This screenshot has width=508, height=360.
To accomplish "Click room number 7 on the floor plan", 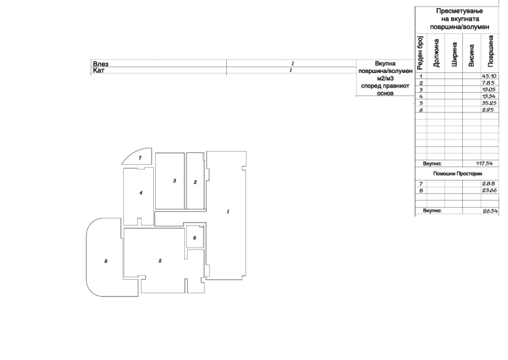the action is [x=140, y=158].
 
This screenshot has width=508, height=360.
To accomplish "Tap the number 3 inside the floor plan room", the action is [x=175, y=181].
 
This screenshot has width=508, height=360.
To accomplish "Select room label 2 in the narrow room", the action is [x=195, y=182].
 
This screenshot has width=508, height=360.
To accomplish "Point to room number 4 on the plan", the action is [x=141, y=193].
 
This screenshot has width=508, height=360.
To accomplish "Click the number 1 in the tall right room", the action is [x=228, y=212].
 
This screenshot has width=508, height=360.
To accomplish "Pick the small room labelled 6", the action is [x=194, y=238].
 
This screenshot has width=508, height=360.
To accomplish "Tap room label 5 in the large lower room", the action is [x=160, y=261].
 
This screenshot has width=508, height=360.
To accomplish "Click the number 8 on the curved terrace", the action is [x=106, y=261].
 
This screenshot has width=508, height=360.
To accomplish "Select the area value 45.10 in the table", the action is [x=489, y=76].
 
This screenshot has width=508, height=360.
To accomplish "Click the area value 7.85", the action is [x=488, y=83].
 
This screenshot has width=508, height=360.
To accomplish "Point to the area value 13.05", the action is [x=489, y=89].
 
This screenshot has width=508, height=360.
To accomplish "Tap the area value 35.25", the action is [x=489, y=103].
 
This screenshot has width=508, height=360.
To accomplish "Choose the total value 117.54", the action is [x=484, y=163].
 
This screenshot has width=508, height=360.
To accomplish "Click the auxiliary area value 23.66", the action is [x=489, y=190].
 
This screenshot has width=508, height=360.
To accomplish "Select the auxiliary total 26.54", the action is [x=490, y=211].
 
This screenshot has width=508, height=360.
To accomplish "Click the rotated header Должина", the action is [x=436, y=53].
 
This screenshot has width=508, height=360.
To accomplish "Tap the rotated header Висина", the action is [x=472, y=56].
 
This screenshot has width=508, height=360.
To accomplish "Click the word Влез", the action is [x=101, y=64].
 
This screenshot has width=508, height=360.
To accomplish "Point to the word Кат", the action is [x=99, y=71].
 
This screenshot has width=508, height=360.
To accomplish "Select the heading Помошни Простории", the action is [x=457, y=174].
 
